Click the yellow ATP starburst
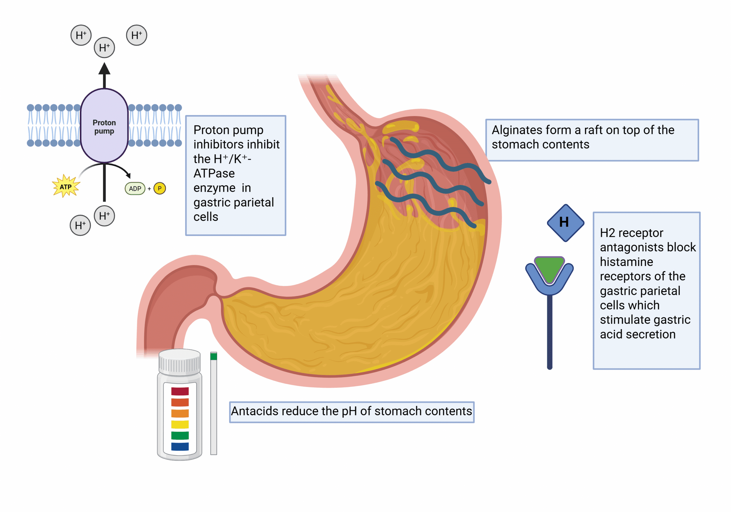(x=66, y=187)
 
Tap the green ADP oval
(x=135, y=189)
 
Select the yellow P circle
(x=160, y=188)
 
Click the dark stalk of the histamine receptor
(x=549, y=331)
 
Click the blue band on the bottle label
(x=180, y=446)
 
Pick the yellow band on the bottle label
(x=180, y=424)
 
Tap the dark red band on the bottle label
(x=180, y=391)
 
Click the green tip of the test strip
(x=214, y=356)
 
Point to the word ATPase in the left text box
(x=214, y=173)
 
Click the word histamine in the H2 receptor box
(x=626, y=262)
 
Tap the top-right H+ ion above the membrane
(x=136, y=35)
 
